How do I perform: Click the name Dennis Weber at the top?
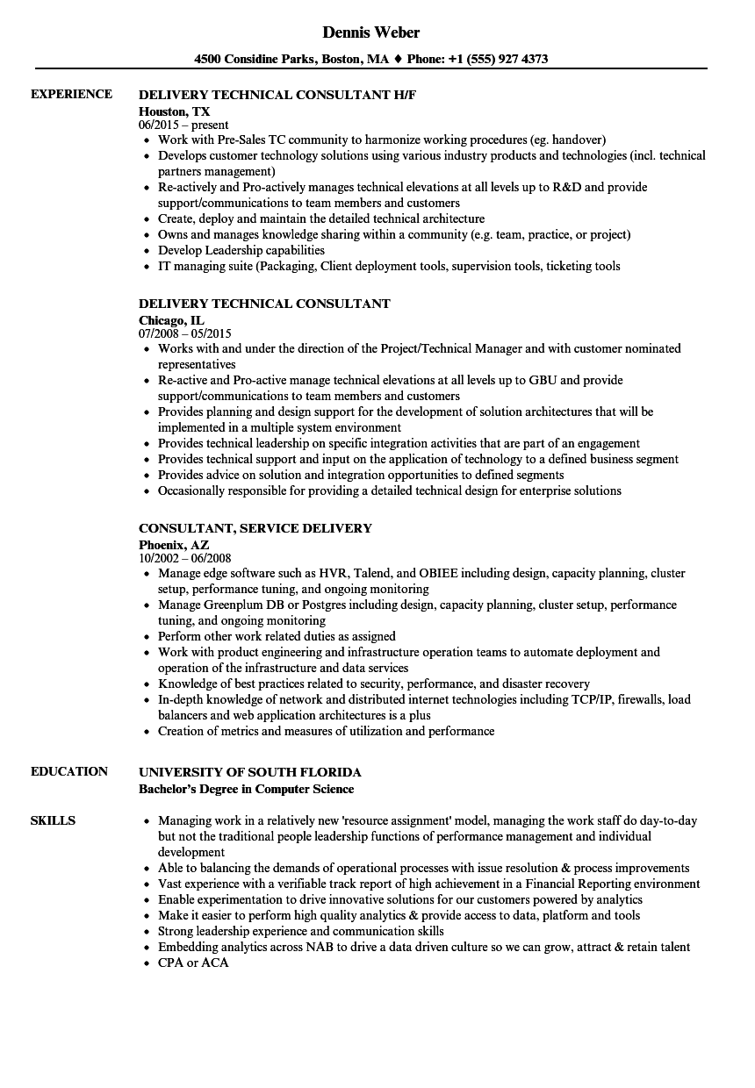pos(371,32)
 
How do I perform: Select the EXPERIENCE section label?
pos(71,94)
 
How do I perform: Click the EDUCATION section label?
pos(69,771)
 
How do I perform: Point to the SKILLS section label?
pos(53,820)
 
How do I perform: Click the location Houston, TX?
pos(175,111)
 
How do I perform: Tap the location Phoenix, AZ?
pos(174,545)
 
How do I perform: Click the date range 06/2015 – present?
pos(183,125)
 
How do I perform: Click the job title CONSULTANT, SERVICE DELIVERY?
pos(255,528)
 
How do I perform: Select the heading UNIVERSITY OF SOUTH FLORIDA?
pos(250,772)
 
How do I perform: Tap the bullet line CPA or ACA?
pos(193,963)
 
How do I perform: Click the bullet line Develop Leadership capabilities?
pos(241,250)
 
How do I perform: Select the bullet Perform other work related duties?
pos(277,636)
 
